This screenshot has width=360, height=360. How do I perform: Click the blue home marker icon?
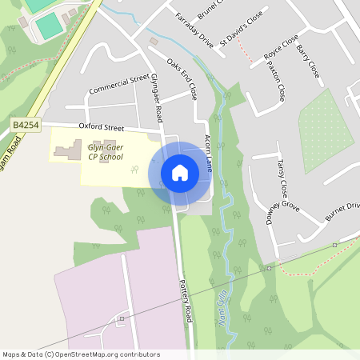(180, 172)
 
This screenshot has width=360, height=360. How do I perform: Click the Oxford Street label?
(102, 127)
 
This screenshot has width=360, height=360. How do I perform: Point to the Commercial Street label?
(120, 84)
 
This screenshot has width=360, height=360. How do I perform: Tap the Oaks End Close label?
(182, 78)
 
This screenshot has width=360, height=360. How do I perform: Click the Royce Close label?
(281, 58)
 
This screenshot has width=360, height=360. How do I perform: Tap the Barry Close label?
(308, 62)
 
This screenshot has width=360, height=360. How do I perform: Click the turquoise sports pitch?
(49, 27)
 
